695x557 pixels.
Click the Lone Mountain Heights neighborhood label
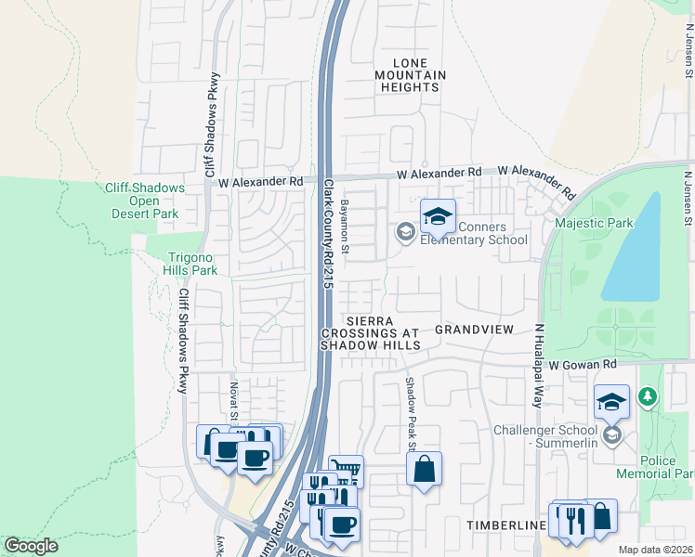point(411,74)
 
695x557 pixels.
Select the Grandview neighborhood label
point(474,330)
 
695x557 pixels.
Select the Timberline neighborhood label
point(505,525)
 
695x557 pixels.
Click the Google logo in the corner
point(31,546)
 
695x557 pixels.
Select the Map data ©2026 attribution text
point(655,550)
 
